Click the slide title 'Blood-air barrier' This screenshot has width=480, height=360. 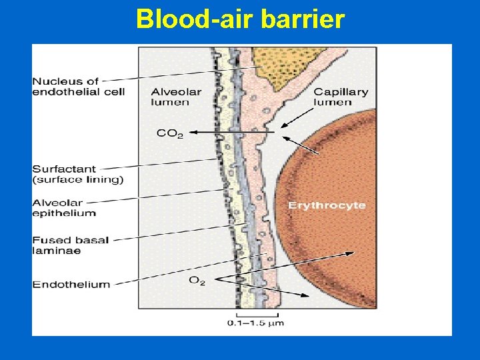click(x=240, y=19)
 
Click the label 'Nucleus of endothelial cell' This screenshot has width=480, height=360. click(x=78, y=87)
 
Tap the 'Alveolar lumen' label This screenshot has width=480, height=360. click(x=170, y=97)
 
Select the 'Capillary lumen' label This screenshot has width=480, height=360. click(x=341, y=97)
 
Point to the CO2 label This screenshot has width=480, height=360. click(x=169, y=133)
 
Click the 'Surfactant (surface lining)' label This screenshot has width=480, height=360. click(x=77, y=175)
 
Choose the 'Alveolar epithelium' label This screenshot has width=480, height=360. click(x=64, y=208)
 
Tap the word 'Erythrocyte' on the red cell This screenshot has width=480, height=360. click(x=327, y=205)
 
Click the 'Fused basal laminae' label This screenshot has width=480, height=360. click(x=70, y=245)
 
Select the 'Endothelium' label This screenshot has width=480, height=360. click(x=71, y=284)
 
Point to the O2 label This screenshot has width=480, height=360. click(x=197, y=281)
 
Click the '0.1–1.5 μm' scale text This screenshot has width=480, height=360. click(x=256, y=323)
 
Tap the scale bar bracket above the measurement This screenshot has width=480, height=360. click(x=255, y=314)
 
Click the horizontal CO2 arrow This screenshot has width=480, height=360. click(x=233, y=133)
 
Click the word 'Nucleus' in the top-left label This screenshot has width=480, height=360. click(x=55, y=81)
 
